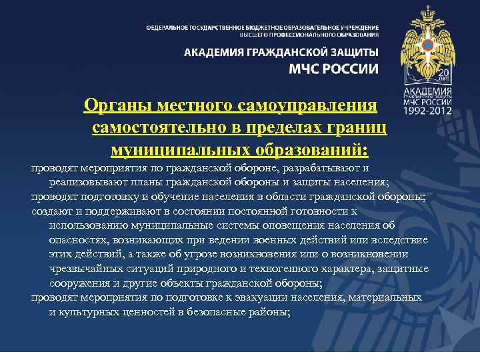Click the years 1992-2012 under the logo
pyautogui.click(x=427, y=111)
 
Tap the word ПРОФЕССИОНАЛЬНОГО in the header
pyautogui.click(x=305, y=34)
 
